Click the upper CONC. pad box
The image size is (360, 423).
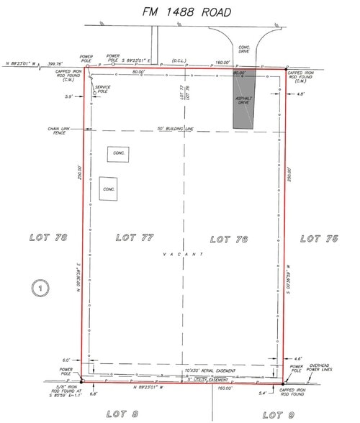tap(118, 154)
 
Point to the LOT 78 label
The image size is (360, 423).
tap(48, 237)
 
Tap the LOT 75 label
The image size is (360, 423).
tap(318, 238)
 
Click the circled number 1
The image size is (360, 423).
tap(40, 288)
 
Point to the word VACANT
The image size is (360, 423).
tap(184, 254)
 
